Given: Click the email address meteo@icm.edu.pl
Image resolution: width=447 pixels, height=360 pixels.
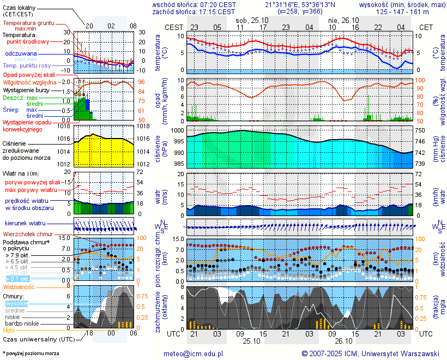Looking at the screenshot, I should point(194,353).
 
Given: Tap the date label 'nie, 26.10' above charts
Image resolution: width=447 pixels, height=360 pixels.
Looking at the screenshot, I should point(343,19).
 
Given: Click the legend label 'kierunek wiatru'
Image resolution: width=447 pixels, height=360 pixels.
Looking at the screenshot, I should point(25,223).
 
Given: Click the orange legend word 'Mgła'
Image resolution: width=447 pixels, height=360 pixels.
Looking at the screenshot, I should point(9,330).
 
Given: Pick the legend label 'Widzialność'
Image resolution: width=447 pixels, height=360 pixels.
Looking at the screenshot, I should point(19,286).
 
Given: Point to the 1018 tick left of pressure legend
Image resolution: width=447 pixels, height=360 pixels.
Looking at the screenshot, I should point(64,126).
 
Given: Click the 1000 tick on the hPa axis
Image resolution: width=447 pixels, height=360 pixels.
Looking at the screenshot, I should point(178,130).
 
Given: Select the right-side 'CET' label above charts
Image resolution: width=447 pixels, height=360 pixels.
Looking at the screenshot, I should point(426,27).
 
